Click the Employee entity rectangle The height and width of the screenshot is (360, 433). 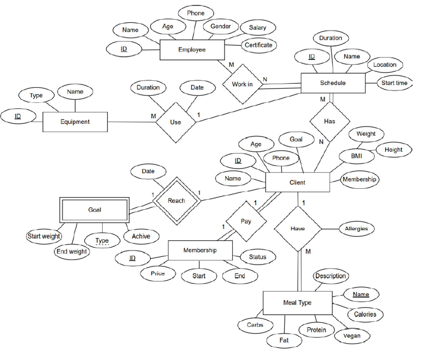(x=192, y=50)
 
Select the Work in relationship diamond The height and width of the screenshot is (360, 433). (x=242, y=84)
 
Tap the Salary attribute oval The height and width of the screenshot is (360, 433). (x=258, y=27)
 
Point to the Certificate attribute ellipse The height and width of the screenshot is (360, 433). (x=259, y=45)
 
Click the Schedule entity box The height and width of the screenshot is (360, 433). (x=333, y=83)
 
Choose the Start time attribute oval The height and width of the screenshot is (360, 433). (x=394, y=83)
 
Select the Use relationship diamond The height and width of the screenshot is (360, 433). (x=176, y=122)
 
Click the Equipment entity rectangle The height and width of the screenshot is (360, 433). (x=75, y=122)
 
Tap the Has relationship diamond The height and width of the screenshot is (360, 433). (x=330, y=121)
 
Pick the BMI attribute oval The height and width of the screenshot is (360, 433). (x=356, y=156)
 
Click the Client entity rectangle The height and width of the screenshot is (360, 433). (x=297, y=182)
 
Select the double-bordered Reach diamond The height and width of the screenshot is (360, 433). (x=176, y=201)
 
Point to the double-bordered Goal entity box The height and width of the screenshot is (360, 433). (x=94, y=210)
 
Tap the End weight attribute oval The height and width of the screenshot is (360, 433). (x=72, y=252)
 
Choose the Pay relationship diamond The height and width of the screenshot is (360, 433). (x=246, y=221)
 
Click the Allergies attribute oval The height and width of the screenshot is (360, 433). (x=356, y=229)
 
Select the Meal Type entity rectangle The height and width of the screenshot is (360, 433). (x=297, y=303)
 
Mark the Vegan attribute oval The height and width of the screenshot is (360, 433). (x=352, y=336)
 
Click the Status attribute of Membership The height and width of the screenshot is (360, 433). (x=257, y=257)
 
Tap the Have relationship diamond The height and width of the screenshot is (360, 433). (x=298, y=229)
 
